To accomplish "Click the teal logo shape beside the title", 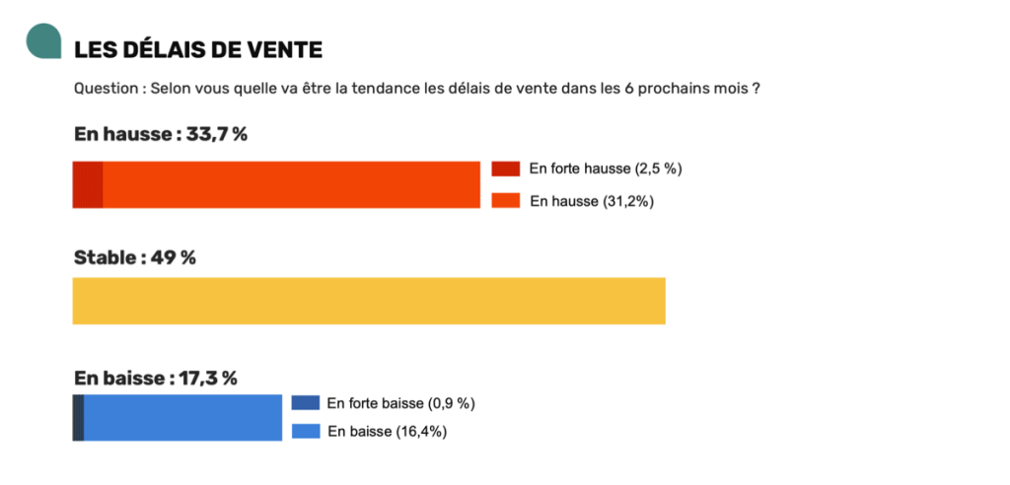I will coord(43,41).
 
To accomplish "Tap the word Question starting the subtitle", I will coord(106,88).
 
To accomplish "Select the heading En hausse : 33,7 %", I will coord(160,134).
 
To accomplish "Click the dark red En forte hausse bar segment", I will coord(87,184).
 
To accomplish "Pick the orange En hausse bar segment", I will coord(291,184).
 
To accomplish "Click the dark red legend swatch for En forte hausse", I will coord(506,169).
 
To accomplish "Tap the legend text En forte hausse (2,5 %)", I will coord(606,169).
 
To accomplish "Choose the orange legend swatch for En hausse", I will coord(506,201).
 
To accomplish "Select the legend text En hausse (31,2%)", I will coord(592,201).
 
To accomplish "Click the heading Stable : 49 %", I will coord(135,257).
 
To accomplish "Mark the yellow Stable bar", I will coord(369,301).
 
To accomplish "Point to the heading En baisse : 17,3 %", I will coord(156,378).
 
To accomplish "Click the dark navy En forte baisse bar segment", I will coord(78,417).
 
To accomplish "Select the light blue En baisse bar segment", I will coord(183,417).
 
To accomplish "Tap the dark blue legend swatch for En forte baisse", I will coord(306,403).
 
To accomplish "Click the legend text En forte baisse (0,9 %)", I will coord(401,403).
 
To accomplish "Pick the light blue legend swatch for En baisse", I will coord(306,431).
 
